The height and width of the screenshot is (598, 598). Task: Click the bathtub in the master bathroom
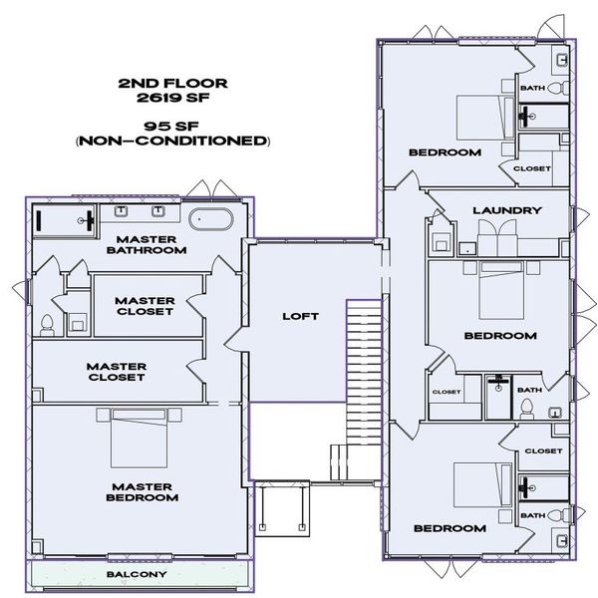(210, 219)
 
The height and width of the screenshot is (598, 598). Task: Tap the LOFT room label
(301, 316)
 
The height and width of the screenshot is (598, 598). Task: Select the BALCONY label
(137, 574)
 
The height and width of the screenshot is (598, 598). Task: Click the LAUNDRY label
(507, 210)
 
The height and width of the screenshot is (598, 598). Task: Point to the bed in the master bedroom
(139, 438)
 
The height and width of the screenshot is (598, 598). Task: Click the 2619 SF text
(173, 98)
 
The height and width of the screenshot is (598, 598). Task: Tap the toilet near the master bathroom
(47, 325)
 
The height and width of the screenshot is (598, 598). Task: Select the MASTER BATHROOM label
(147, 245)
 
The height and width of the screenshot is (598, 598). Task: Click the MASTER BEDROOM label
(143, 492)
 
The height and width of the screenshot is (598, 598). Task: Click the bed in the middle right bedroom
(501, 290)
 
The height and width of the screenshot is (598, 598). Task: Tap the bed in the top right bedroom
(486, 118)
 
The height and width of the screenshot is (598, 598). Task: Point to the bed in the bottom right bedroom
(482, 485)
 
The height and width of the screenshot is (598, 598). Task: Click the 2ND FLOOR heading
(172, 83)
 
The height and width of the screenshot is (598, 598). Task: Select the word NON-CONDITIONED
(173, 141)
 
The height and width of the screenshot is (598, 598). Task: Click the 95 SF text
(171, 126)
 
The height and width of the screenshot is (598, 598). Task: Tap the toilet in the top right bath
(558, 88)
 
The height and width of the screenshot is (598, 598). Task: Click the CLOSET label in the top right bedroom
(532, 168)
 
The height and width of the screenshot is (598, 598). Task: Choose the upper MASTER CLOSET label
(145, 306)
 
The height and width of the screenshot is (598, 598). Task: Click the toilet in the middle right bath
(527, 409)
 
